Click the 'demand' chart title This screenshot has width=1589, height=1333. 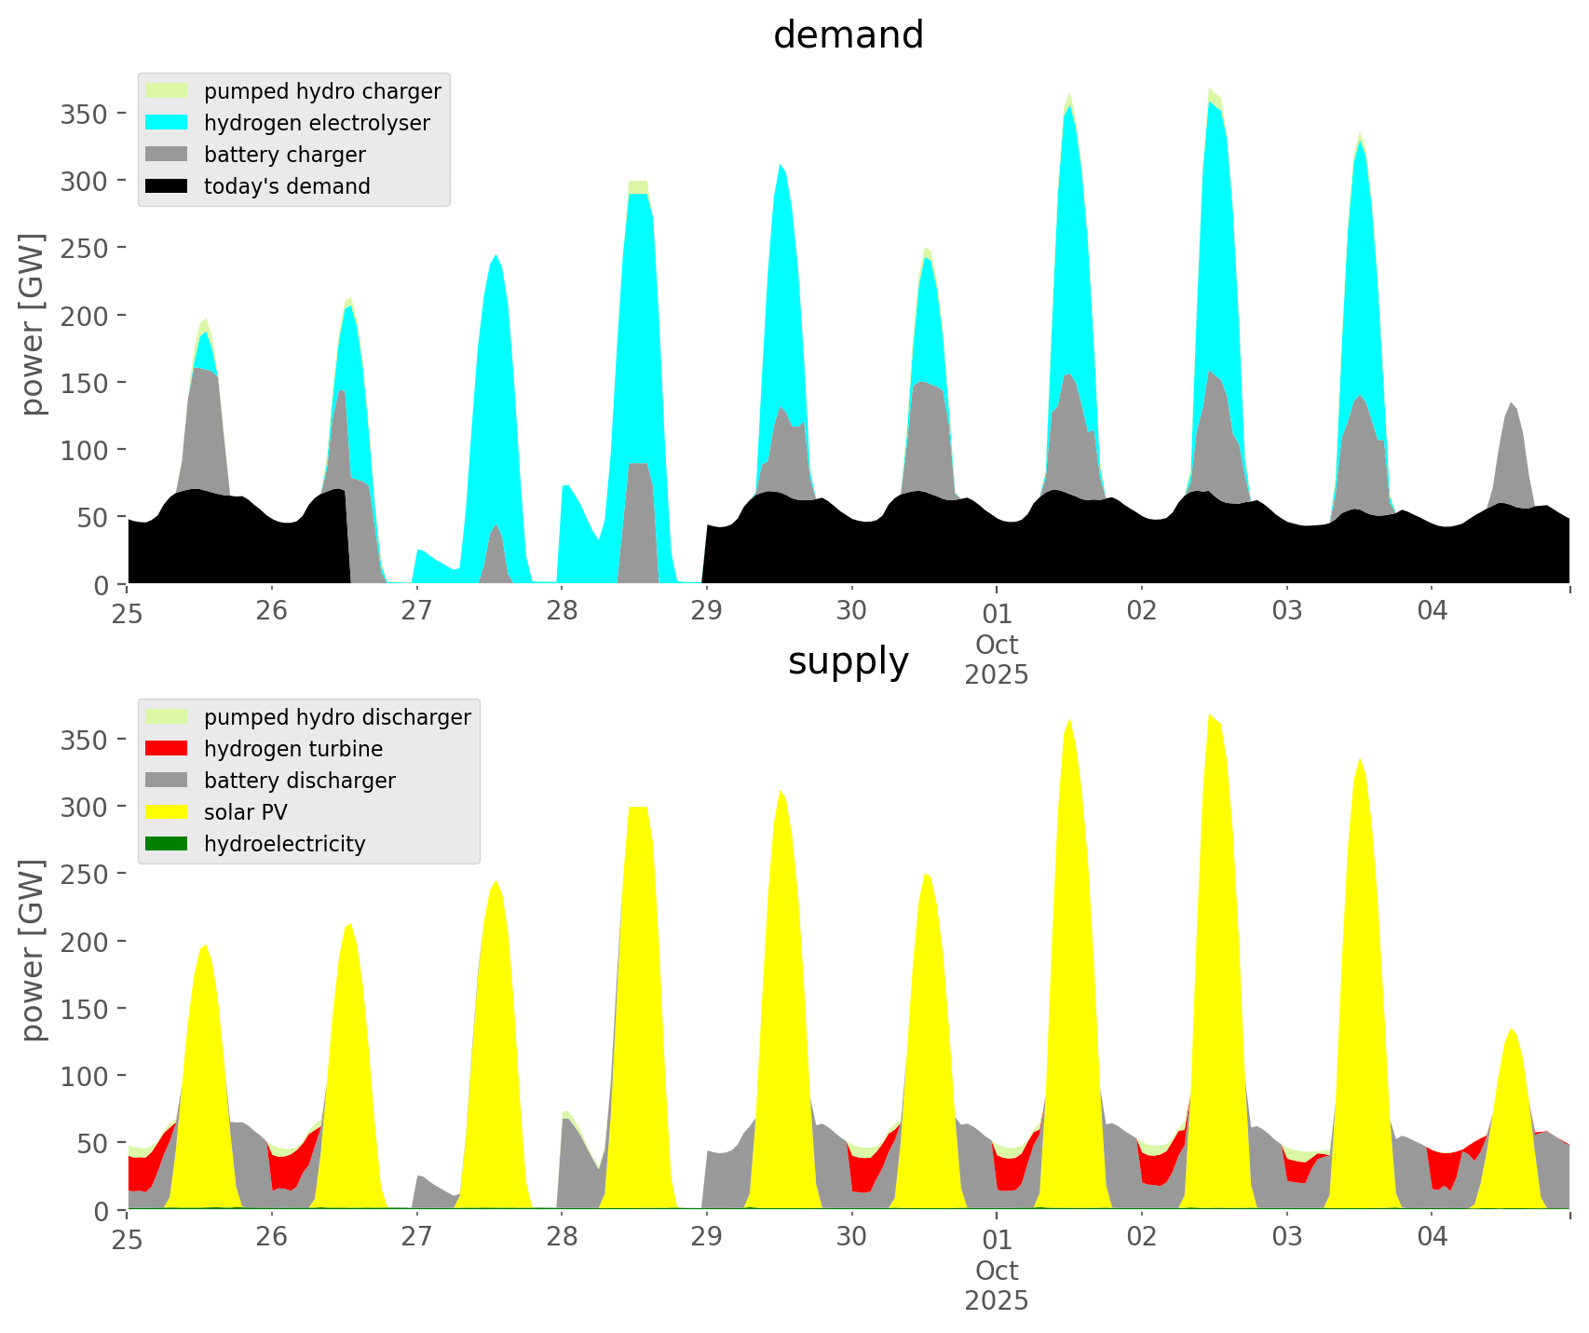coord(848,35)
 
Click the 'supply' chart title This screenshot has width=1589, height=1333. coord(848,661)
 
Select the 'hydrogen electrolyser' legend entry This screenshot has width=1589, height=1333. coord(317,123)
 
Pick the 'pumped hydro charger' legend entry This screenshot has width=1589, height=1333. coord(322,91)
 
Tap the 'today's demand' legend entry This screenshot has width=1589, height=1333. coord(287,186)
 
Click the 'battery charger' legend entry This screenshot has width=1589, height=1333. coord(284,155)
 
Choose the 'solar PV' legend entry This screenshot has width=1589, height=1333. coord(246,812)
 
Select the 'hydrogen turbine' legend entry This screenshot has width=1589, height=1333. coord(293,749)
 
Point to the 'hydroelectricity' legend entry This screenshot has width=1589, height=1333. coord(284,844)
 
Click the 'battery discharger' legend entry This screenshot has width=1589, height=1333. coord(299,781)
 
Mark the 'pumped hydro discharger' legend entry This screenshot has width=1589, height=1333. coord(337,717)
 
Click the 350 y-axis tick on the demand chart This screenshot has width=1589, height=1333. coord(85,114)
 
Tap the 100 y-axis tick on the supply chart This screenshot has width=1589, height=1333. coord(85,1076)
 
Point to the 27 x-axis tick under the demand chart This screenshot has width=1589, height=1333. coord(416,611)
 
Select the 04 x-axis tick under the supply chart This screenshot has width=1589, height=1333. coord(1432,1237)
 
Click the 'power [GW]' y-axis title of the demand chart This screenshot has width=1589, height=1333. coord(33,324)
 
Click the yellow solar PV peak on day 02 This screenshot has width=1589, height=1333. coord(1211,745)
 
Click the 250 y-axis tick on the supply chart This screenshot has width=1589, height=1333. coord(85,874)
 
